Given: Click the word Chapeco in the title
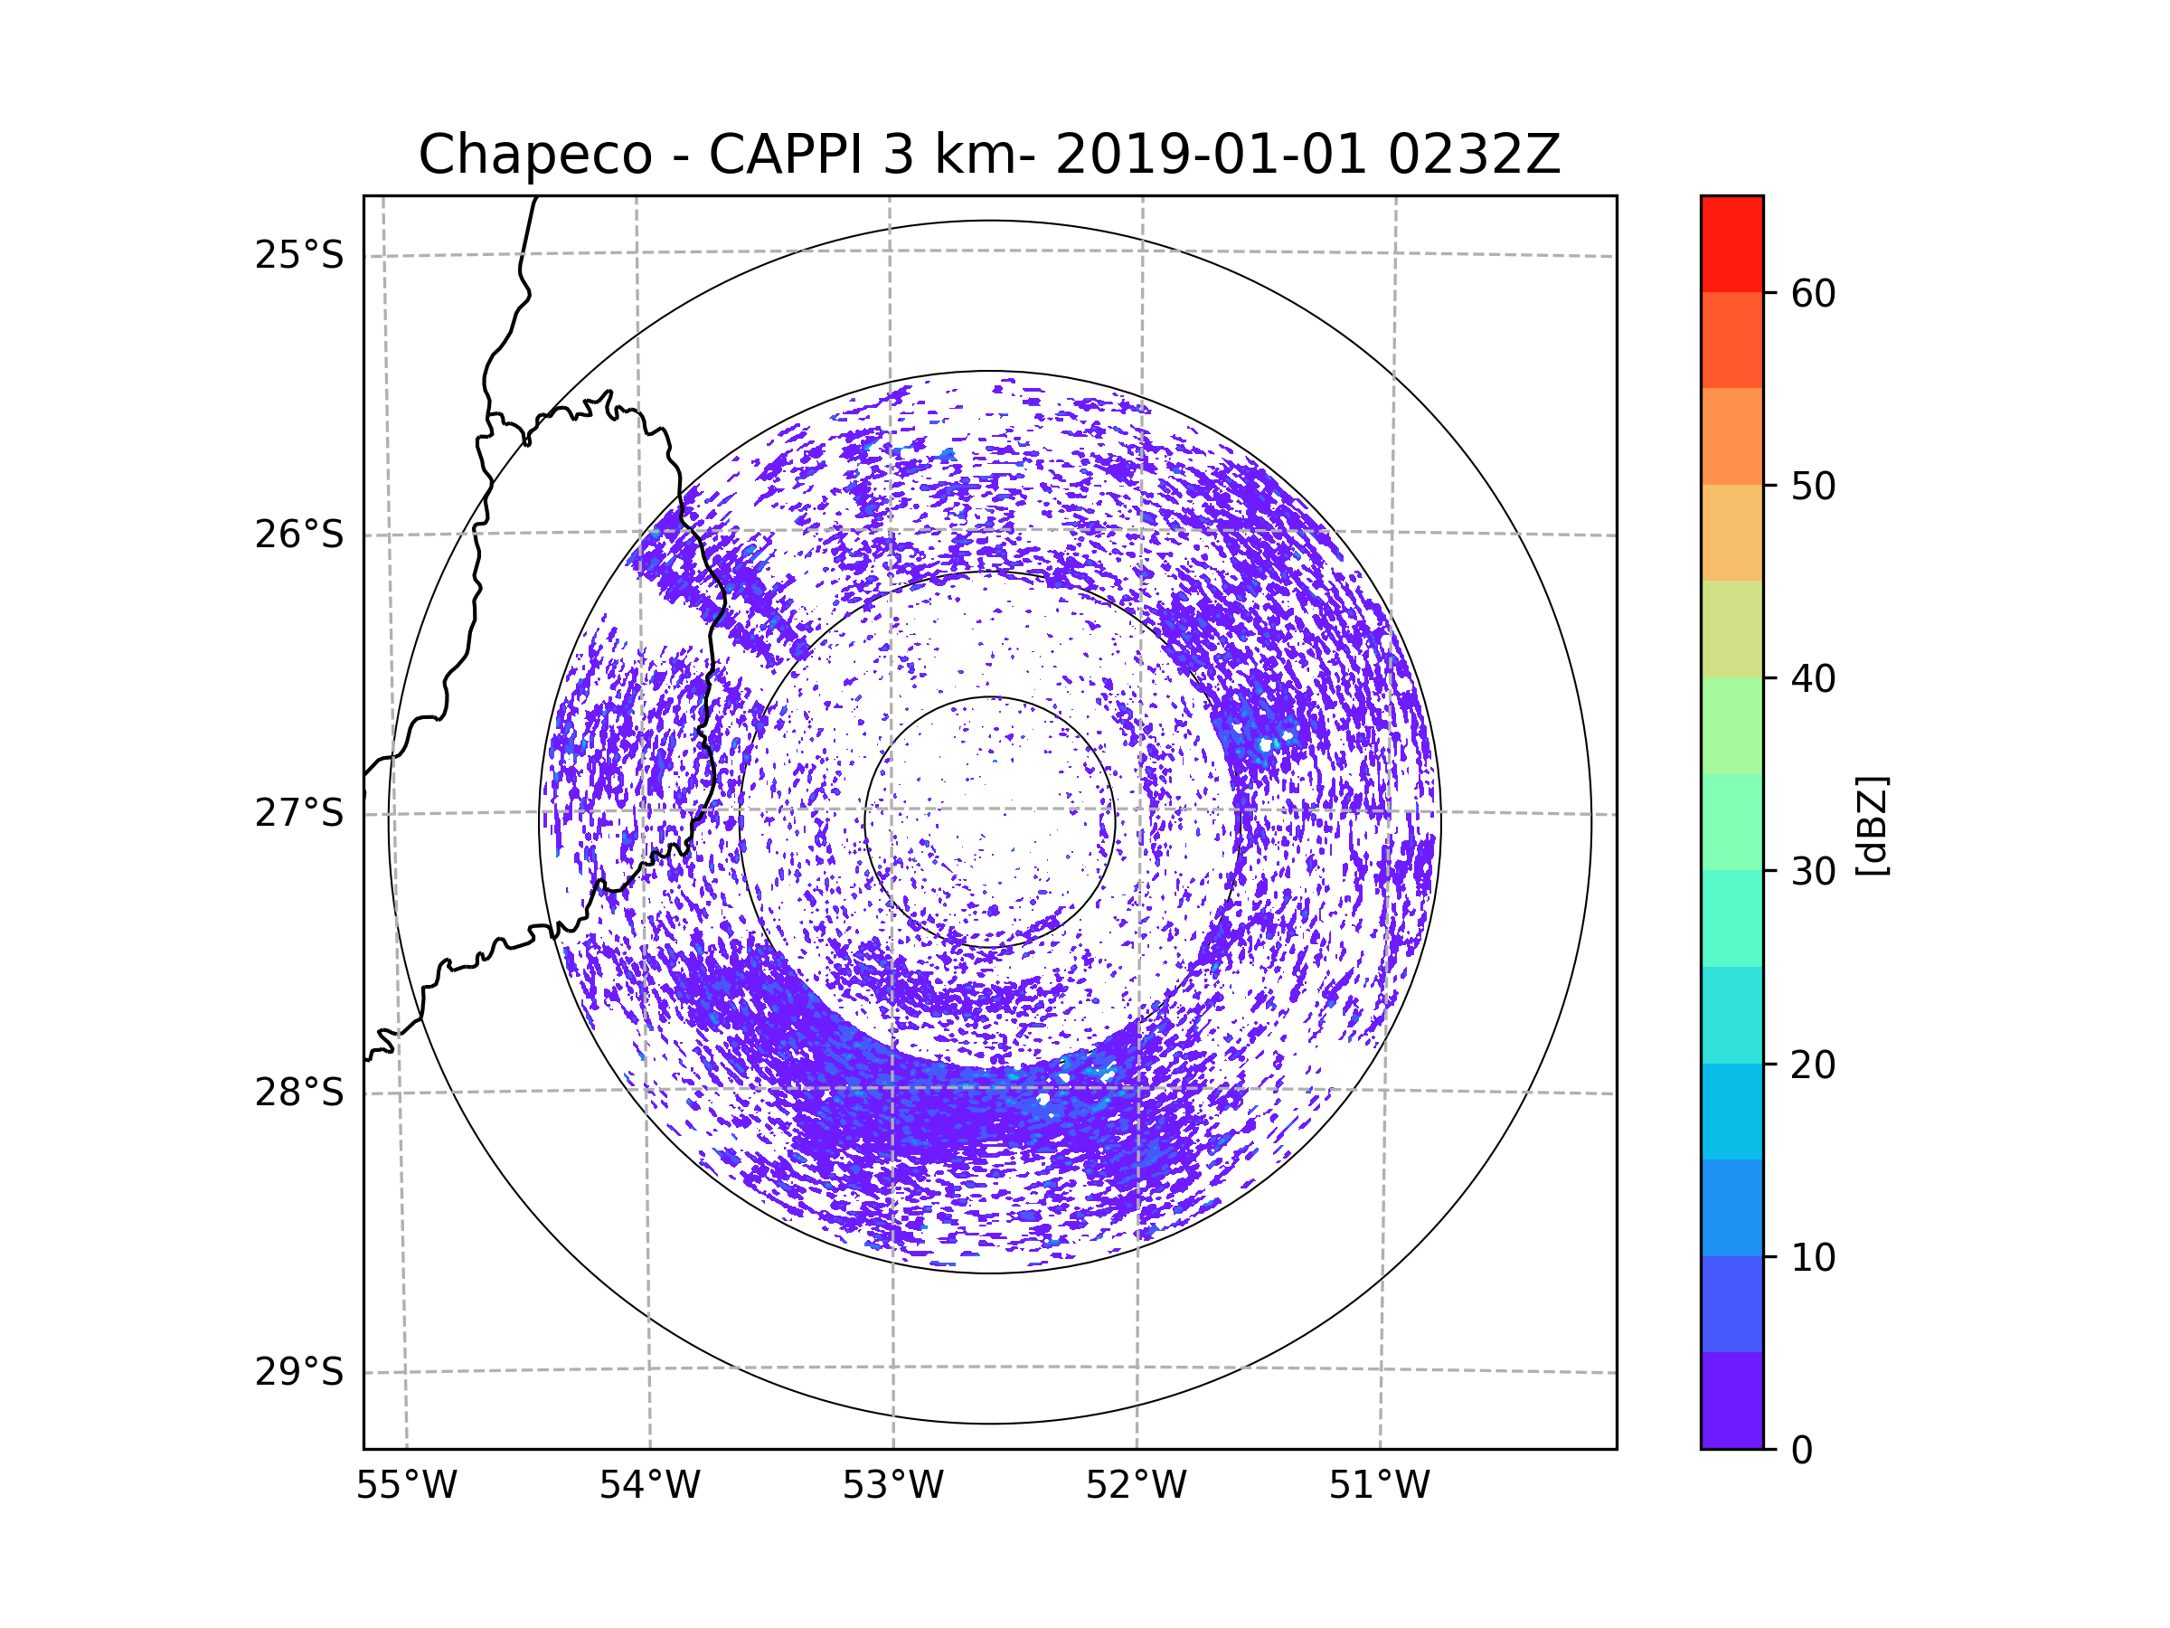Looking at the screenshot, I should point(534,155).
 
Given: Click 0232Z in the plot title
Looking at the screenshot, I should point(1474,155).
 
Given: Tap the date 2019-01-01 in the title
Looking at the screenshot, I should point(1210,155).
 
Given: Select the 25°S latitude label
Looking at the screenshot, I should point(299,255).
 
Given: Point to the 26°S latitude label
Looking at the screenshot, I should point(299,535).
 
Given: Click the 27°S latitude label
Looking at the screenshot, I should point(299,813).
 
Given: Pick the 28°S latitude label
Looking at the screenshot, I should point(299,1093).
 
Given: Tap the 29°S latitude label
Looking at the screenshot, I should point(299,1372).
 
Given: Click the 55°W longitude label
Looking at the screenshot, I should point(406,1486).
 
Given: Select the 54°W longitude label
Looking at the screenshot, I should point(649,1486).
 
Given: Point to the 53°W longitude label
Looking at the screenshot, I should point(892,1486).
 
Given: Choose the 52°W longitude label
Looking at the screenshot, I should point(1136,1486).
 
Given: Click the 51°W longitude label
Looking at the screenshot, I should point(1379,1486).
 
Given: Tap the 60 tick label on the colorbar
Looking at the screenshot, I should point(1813,293).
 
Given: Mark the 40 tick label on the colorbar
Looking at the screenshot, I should point(1813,679).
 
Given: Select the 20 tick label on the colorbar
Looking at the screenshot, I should point(1813,1065).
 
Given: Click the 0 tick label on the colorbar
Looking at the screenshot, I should point(1802,1451).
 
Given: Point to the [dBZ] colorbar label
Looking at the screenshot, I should point(1872,825).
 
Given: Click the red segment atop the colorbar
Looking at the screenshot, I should point(1731,243).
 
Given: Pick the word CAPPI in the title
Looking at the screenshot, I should point(785,155).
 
